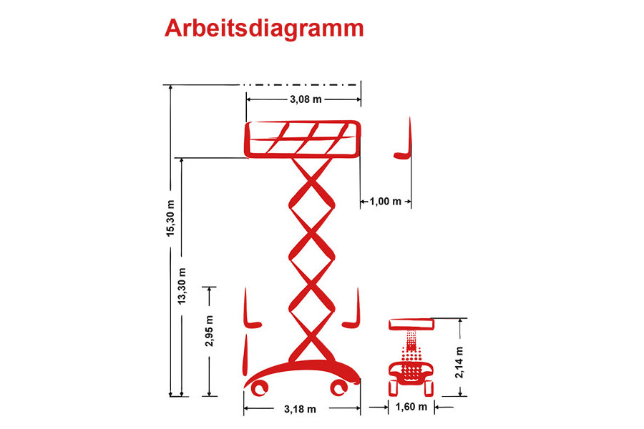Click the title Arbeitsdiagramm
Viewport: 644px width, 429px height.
click(264, 29)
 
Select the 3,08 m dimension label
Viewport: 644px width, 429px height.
click(306, 99)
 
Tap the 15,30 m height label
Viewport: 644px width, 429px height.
click(170, 218)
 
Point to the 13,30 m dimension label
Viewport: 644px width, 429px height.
click(182, 286)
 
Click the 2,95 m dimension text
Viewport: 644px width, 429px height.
click(210, 331)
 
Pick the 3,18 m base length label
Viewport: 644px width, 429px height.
click(301, 409)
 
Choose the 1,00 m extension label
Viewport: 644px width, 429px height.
click(385, 201)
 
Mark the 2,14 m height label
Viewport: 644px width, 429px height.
click(459, 363)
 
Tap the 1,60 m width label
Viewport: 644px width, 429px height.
click(411, 407)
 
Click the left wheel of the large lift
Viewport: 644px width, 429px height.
click(260, 388)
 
